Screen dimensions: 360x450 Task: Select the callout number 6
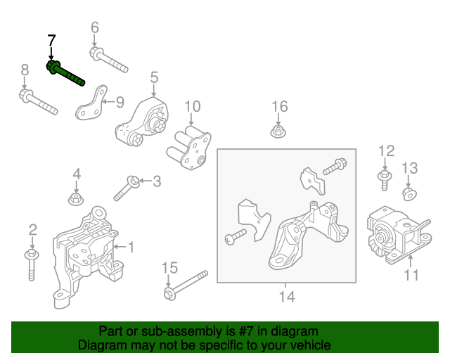[95, 28]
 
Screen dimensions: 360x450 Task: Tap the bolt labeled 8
[39, 101]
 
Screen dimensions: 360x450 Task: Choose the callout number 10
[192, 106]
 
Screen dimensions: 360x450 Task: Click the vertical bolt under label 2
[31, 263]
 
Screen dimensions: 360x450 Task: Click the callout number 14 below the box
[285, 297]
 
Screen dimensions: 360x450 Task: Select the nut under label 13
[409, 193]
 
